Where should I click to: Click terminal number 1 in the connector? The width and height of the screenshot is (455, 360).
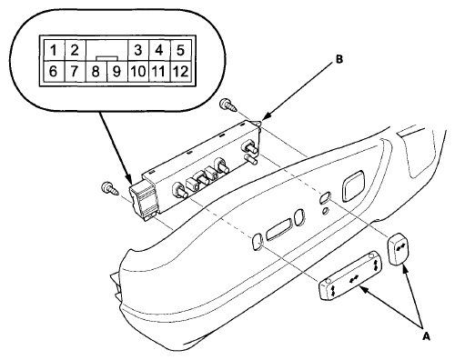coord(54,50)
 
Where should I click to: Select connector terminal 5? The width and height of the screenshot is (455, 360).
coord(180,50)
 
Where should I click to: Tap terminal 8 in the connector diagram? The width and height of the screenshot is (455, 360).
coord(96,72)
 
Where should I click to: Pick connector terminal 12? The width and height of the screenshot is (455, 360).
coord(180,72)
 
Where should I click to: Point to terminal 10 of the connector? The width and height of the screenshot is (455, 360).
coord(138,72)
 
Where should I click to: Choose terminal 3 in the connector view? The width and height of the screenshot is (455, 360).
coord(138,50)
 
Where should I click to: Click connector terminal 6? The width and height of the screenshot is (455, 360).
coord(53,72)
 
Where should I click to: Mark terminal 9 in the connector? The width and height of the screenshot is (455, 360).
coord(116,72)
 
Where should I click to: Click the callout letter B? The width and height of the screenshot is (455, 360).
coord(339,59)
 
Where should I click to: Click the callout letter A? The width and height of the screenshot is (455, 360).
coord(426,336)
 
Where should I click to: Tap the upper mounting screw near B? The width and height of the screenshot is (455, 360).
coord(227,105)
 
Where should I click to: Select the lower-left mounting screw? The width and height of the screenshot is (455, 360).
coord(109,188)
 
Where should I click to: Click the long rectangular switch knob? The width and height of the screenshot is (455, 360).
coord(349,275)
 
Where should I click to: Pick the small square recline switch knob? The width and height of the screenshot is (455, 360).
coord(400,248)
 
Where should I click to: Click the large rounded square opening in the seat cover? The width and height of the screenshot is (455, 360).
coord(353,185)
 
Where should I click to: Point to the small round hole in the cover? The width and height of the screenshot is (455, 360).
coord(325,210)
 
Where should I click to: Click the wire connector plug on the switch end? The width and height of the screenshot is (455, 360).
coord(142,200)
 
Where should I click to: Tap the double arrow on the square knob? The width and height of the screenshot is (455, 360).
coord(400,247)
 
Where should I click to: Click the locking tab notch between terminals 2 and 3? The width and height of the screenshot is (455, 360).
coord(107,57)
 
